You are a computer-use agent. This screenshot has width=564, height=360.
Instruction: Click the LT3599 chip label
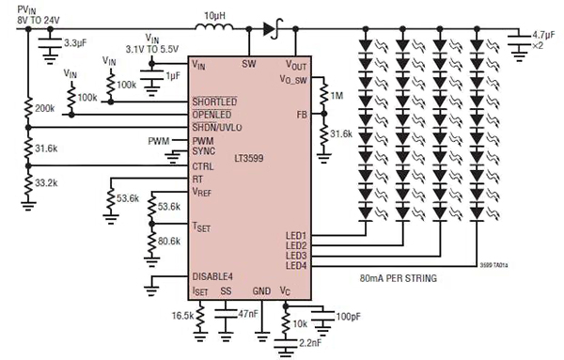pos(248,159)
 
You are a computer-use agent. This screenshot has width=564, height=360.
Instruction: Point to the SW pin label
pos(249,64)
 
